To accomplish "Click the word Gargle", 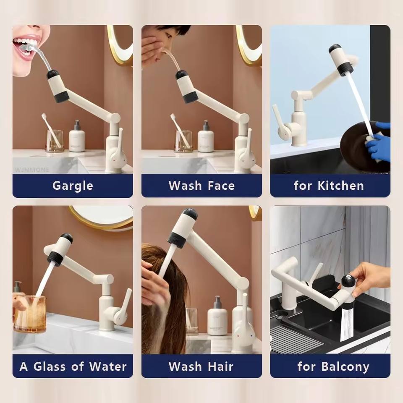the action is [x=73, y=186].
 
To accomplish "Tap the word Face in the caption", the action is [x=221, y=186].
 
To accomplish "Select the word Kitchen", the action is [x=341, y=186].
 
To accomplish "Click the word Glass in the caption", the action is [x=50, y=366].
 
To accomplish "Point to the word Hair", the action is [x=220, y=366].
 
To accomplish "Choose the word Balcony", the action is [x=345, y=367].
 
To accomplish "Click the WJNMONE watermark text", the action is [x=32, y=170].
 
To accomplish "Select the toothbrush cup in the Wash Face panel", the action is [x=183, y=141].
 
